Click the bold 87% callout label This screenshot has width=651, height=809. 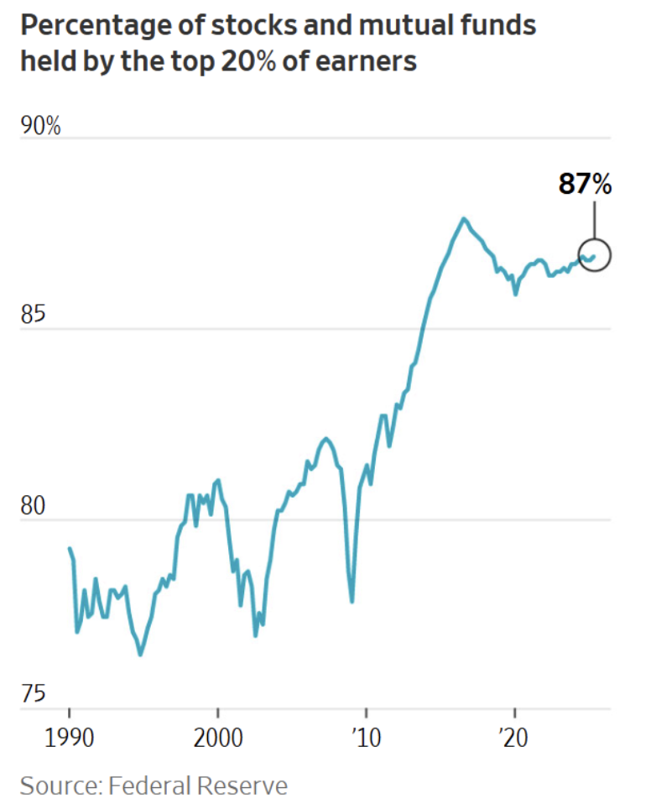point(586,185)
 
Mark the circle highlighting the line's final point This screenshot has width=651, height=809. point(593,257)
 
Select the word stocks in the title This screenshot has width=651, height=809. point(237,26)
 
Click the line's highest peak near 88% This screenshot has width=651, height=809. point(463,219)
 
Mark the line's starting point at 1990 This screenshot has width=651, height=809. point(69,548)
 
